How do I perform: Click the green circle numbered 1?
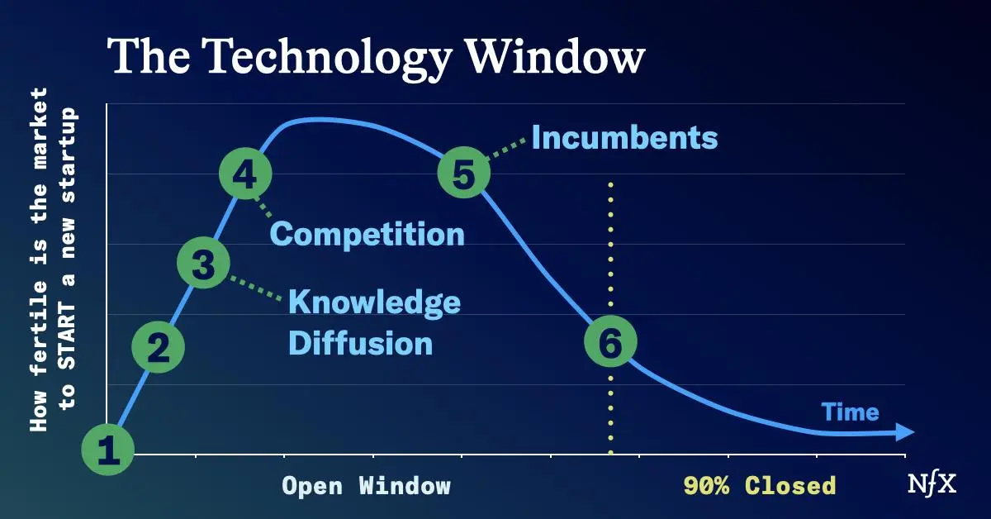(x=108, y=449)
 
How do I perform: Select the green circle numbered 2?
(x=159, y=346)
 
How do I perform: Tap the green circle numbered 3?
(x=203, y=263)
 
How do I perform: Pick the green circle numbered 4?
(x=245, y=174)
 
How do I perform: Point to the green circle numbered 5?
(x=464, y=172)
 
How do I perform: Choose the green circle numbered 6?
(x=610, y=341)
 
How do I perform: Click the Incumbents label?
(x=624, y=137)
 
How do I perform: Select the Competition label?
(x=367, y=235)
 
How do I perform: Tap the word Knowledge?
(x=375, y=303)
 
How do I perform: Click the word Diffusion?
(x=361, y=344)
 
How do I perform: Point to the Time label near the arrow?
(x=851, y=412)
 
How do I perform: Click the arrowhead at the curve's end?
(x=905, y=431)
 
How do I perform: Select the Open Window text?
(x=367, y=486)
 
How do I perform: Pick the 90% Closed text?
(x=760, y=486)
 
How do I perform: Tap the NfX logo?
(x=932, y=485)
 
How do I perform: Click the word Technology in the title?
(x=330, y=59)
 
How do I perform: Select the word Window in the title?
(x=556, y=57)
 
